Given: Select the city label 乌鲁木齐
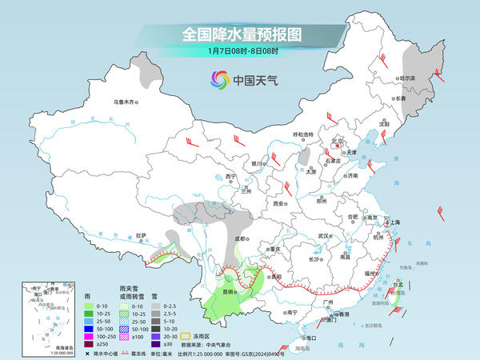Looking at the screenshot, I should pos(126,102).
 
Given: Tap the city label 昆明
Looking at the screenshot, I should pos(229,292).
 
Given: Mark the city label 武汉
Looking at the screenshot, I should pos(324,236).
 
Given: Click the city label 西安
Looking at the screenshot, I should pos(279,204).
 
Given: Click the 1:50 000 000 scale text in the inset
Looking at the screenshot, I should pos(39,352).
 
